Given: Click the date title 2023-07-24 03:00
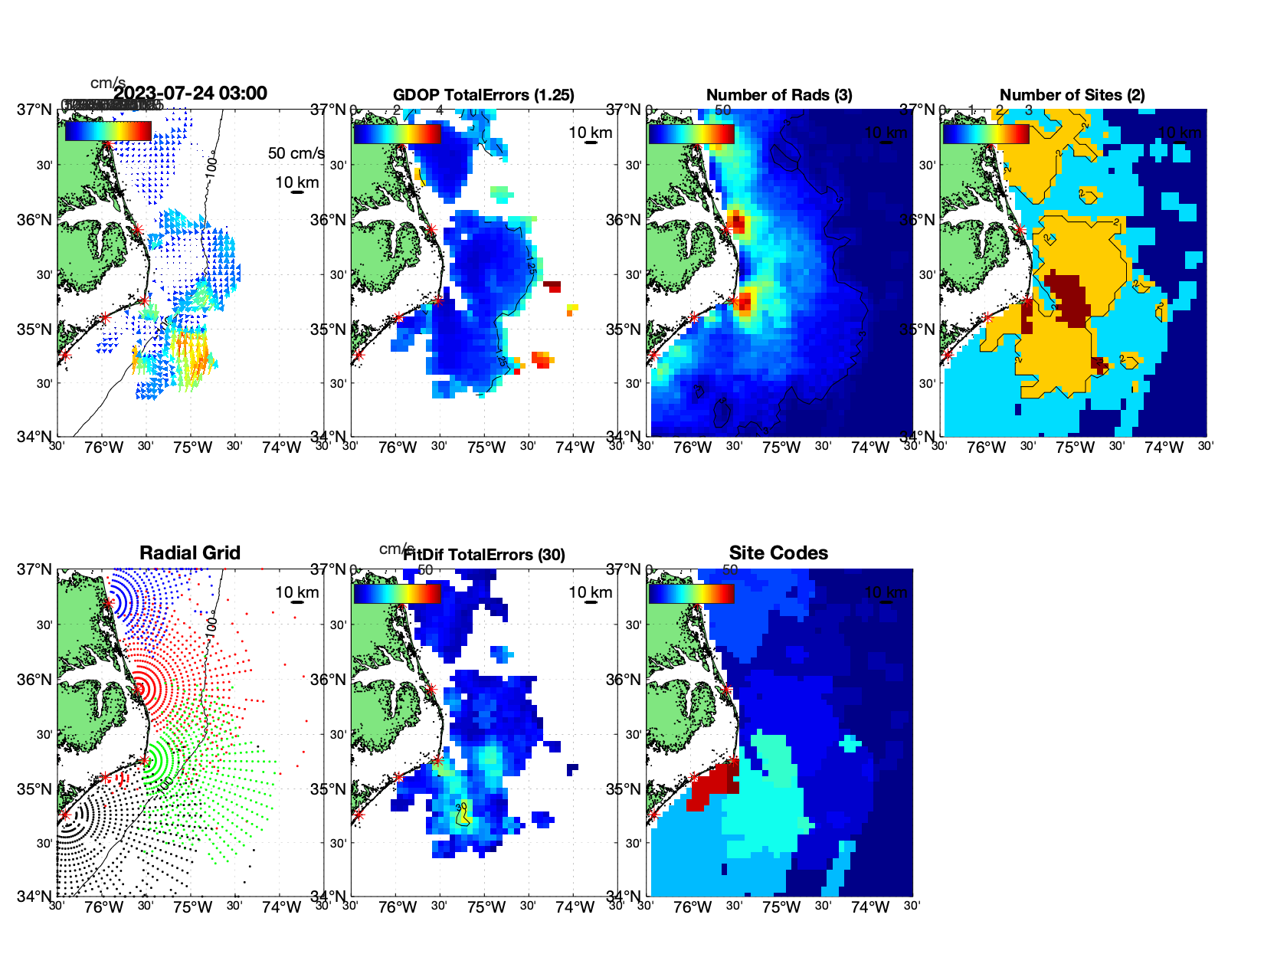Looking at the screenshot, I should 190,93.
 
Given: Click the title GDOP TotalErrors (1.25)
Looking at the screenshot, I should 483,95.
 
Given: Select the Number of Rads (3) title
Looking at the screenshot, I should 779,95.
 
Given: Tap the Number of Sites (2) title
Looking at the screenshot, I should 1072,95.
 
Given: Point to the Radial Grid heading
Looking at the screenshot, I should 190,553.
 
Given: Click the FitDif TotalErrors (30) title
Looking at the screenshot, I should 484,555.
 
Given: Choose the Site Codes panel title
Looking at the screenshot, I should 778,553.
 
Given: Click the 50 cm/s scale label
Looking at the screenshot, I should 296,153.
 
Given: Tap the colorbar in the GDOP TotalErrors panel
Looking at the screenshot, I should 397,133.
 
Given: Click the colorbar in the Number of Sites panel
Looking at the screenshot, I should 985,133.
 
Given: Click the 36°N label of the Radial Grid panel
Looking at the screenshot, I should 35,680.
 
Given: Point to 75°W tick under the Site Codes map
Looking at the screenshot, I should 781,907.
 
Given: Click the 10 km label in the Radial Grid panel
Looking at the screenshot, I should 296,592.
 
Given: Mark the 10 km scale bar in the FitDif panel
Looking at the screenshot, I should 591,602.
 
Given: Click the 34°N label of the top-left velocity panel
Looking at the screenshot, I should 35,437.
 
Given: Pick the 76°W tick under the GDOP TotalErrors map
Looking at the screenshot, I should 398,448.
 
